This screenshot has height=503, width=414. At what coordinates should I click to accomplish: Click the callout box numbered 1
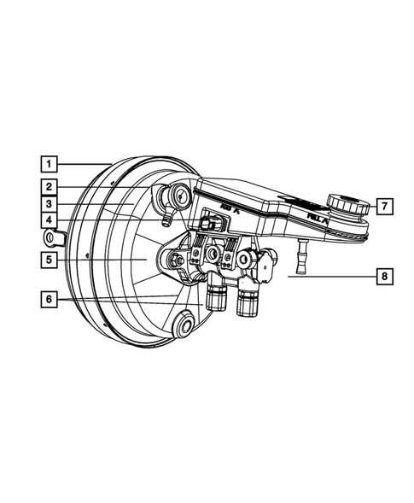[50, 161]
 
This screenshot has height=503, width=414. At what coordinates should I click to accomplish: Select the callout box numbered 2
[50, 185]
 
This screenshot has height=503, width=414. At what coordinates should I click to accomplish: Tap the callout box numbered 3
[50, 205]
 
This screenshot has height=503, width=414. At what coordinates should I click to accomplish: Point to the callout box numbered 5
[50, 257]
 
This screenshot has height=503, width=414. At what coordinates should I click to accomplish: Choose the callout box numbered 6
[50, 299]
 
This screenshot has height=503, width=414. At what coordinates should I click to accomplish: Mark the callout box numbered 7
[384, 205]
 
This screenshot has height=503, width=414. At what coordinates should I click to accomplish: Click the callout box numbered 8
[384, 276]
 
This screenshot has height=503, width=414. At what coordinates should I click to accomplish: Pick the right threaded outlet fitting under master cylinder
[248, 299]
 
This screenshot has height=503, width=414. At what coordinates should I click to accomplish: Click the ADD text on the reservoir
[228, 208]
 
